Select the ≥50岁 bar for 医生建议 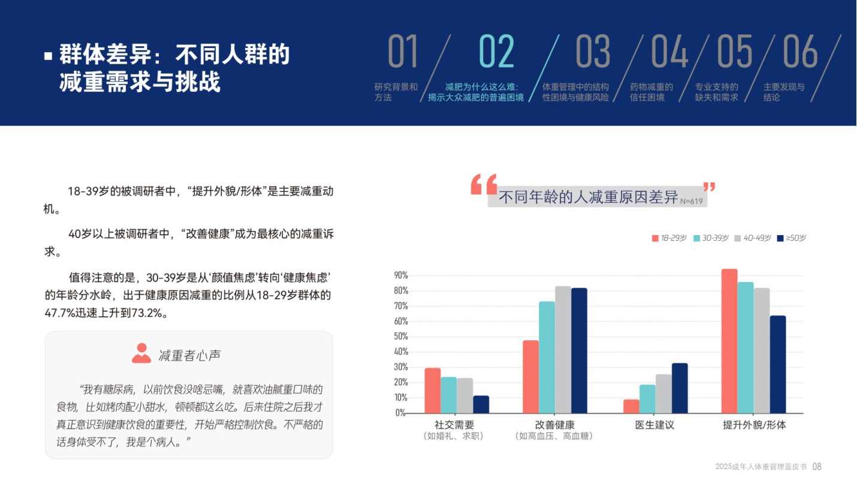680,388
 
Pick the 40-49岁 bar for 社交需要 464,395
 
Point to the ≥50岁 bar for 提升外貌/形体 777,364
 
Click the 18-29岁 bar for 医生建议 631,406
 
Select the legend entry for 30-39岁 711,238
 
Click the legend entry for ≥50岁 791,238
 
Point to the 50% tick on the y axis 400,337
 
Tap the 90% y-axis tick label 400,275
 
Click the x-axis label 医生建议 655,425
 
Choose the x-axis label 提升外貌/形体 754,425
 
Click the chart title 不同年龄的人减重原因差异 588,197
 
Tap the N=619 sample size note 691,202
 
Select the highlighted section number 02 496,52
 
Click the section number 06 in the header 800,52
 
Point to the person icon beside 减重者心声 141,353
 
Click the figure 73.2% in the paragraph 144,313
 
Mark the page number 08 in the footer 817,467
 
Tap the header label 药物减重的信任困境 651,92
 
